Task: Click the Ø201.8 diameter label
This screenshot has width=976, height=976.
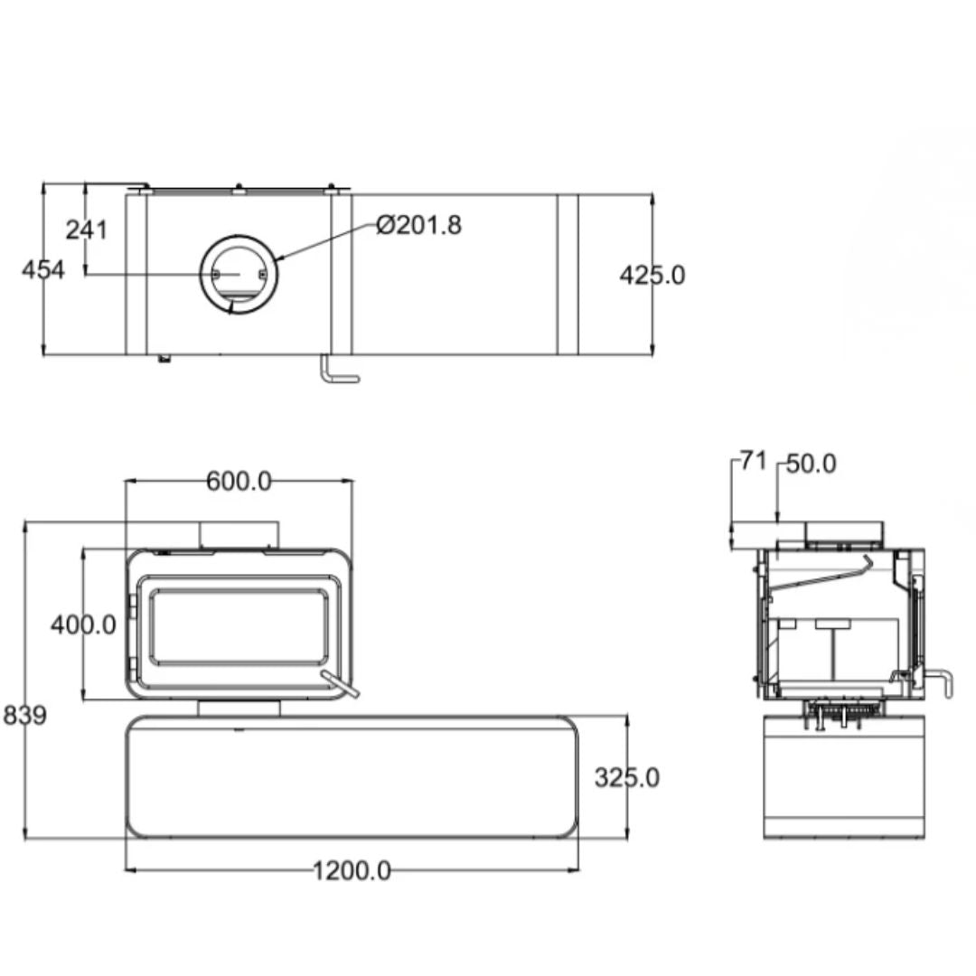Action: click(x=419, y=225)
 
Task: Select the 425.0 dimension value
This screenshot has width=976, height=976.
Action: click(x=652, y=275)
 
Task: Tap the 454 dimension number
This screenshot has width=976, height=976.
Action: click(x=43, y=270)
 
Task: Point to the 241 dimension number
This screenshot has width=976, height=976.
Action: click(x=87, y=230)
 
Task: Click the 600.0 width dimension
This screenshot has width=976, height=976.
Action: click(x=239, y=481)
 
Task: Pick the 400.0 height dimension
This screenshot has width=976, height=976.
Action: click(x=83, y=625)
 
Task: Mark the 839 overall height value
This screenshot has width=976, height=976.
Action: click(x=25, y=715)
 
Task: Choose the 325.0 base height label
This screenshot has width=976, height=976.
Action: click(x=627, y=778)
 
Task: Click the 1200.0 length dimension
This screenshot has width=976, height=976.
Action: click(x=352, y=871)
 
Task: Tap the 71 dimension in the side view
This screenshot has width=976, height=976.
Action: click(x=753, y=462)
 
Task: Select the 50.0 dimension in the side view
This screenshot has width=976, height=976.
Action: click(x=811, y=464)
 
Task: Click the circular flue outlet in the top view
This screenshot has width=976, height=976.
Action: click(x=239, y=275)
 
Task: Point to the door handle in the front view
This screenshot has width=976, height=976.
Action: click(x=340, y=684)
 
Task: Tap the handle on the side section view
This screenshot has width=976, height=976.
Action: click(x=938, y=683)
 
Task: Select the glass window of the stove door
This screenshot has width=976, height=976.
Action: click(x=239, y=627)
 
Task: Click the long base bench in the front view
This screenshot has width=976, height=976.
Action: click(x=352, y=777)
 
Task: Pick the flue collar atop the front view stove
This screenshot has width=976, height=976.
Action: click(x=239, y=536)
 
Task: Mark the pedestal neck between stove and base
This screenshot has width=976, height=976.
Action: click(x=239, y=709)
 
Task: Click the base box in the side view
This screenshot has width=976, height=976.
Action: click(x=844, y=777)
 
